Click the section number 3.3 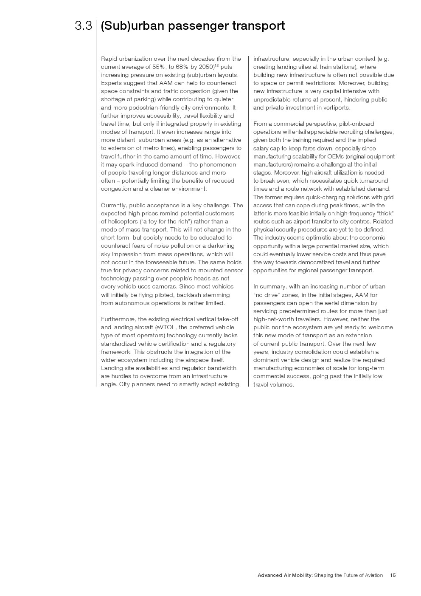(x=83, y=26)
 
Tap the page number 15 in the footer (x=393, y=575)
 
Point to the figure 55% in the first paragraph (x=159, y=67)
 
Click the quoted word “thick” (x=385, y=213)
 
